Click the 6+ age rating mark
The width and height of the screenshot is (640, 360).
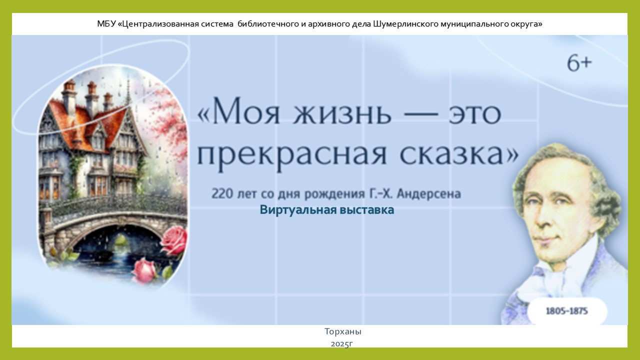579,63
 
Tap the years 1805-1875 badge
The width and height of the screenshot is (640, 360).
567,311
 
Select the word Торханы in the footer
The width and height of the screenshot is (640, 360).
343,331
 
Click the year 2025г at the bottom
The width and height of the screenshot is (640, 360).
342,343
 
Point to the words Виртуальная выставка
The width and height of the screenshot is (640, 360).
327,209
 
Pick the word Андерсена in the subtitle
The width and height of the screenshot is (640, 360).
429,193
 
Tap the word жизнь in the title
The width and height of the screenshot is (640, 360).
342,113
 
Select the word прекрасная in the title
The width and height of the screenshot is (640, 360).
291,155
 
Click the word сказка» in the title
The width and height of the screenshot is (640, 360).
459,154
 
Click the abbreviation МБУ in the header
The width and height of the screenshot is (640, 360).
106,24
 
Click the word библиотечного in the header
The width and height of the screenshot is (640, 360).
268,24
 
